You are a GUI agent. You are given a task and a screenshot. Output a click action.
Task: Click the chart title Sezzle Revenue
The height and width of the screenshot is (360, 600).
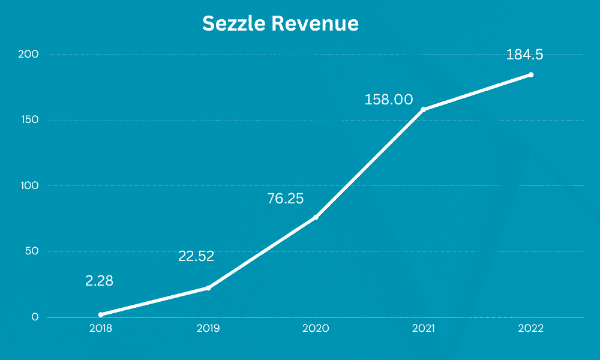click(280, 23)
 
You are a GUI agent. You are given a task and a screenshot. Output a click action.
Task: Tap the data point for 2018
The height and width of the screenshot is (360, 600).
click(100, 314)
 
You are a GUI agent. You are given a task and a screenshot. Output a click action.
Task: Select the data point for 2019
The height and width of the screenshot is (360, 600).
click(208, 288)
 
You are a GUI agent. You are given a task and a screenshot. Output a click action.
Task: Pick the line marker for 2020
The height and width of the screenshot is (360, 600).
click(316, 217)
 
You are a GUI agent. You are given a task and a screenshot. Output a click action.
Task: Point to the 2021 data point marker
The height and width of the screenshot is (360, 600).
click(423, 110)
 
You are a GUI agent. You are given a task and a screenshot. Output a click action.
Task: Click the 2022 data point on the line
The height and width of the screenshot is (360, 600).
click(531, 75)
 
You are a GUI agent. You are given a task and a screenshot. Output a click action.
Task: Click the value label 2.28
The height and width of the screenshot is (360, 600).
click(100, 280)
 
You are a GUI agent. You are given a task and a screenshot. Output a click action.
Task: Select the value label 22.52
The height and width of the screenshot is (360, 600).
click(196, 256)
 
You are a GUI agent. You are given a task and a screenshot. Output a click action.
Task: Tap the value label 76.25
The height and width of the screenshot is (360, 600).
click(285, 199)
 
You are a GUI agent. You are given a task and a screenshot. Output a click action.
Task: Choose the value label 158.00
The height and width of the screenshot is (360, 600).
click(389, 99)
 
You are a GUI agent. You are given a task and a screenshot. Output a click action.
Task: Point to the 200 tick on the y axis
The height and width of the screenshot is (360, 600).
click(28, 55)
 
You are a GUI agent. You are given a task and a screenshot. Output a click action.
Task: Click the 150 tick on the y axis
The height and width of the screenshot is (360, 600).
click(29, 120)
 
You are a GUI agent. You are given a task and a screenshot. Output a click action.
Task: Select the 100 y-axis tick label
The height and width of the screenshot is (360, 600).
click(29, 185)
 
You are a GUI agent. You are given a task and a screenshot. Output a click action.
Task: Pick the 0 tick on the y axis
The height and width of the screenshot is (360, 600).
click(35, 317)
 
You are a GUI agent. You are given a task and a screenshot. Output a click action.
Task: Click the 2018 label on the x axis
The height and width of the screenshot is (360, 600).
click(100, 329)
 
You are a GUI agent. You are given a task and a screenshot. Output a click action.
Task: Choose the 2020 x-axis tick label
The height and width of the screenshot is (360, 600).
click(316, 329)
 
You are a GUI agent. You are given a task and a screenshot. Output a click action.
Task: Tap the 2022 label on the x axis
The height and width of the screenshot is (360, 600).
click(531, 329)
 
